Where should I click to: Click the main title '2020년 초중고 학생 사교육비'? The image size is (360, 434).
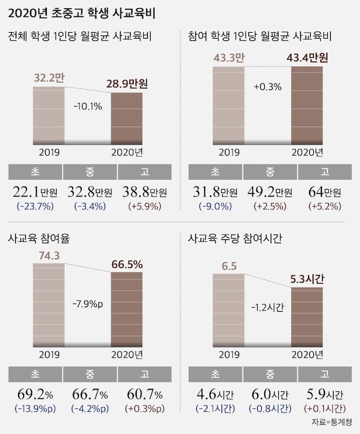(81, 12)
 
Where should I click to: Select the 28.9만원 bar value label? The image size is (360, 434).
(126, 85)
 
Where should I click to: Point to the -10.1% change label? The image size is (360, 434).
(88, 106)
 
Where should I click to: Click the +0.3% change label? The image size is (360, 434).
(267, 87)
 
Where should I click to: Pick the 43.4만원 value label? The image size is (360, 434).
(307, 58)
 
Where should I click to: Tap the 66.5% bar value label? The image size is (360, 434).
(127, 264)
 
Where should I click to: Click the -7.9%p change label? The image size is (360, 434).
(88, 304)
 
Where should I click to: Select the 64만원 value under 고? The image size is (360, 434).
(325, 192)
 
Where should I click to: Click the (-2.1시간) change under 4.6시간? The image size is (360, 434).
(213, 408)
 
